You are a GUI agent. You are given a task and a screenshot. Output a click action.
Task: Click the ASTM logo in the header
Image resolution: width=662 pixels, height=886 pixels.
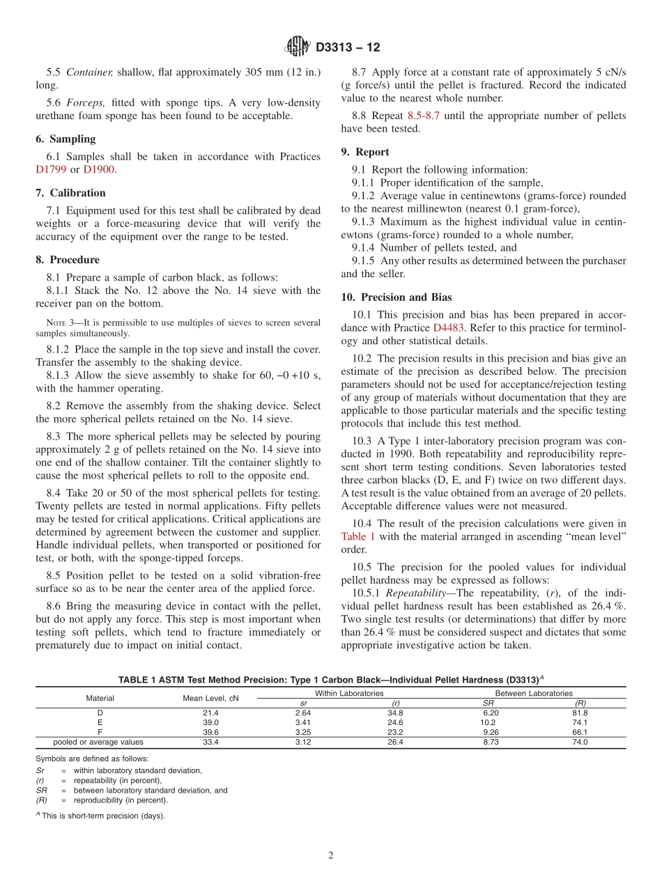[298, 47]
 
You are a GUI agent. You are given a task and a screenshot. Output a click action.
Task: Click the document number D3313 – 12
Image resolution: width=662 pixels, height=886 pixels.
[348, 47]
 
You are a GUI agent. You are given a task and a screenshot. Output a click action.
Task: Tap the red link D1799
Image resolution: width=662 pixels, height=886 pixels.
[50, 169]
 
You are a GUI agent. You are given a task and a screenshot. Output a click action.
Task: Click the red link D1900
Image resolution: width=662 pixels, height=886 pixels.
[98, 169]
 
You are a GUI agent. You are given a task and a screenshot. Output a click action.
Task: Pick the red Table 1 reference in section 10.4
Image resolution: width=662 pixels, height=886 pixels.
[358, 536]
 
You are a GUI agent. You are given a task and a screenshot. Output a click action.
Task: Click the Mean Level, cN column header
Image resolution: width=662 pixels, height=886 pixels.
[210, 698]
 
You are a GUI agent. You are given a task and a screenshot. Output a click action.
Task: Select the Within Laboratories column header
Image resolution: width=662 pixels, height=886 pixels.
[349, 693]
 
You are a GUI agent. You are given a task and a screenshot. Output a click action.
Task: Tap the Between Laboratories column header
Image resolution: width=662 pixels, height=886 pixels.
[533, 693]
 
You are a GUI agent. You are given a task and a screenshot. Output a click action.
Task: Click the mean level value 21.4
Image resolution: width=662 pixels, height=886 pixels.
[210, 713]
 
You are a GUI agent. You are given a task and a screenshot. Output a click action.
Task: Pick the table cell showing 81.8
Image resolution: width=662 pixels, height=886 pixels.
[580, 713]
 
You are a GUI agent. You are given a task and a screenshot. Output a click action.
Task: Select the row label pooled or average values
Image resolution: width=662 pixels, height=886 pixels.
[98, 743]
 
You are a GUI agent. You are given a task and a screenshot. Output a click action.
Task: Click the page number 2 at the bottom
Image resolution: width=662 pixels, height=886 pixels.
[331, 856]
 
